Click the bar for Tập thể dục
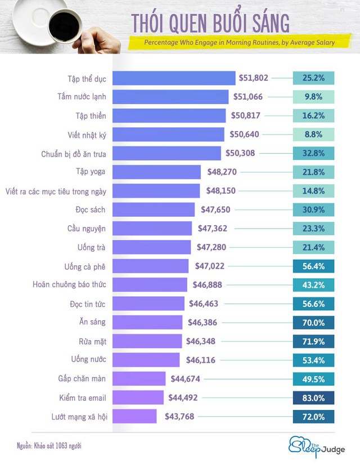[x=174, y=78]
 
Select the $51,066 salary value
[x=247, y=97]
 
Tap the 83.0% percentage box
[x=313, y=398]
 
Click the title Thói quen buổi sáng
[x=210, y=23]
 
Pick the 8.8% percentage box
[x=313, y=135]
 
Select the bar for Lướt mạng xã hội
[x=138, y=417]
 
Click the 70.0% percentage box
[x=313, y=323]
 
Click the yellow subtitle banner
[x=237, y=42]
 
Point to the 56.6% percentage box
[x=313, y=304]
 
